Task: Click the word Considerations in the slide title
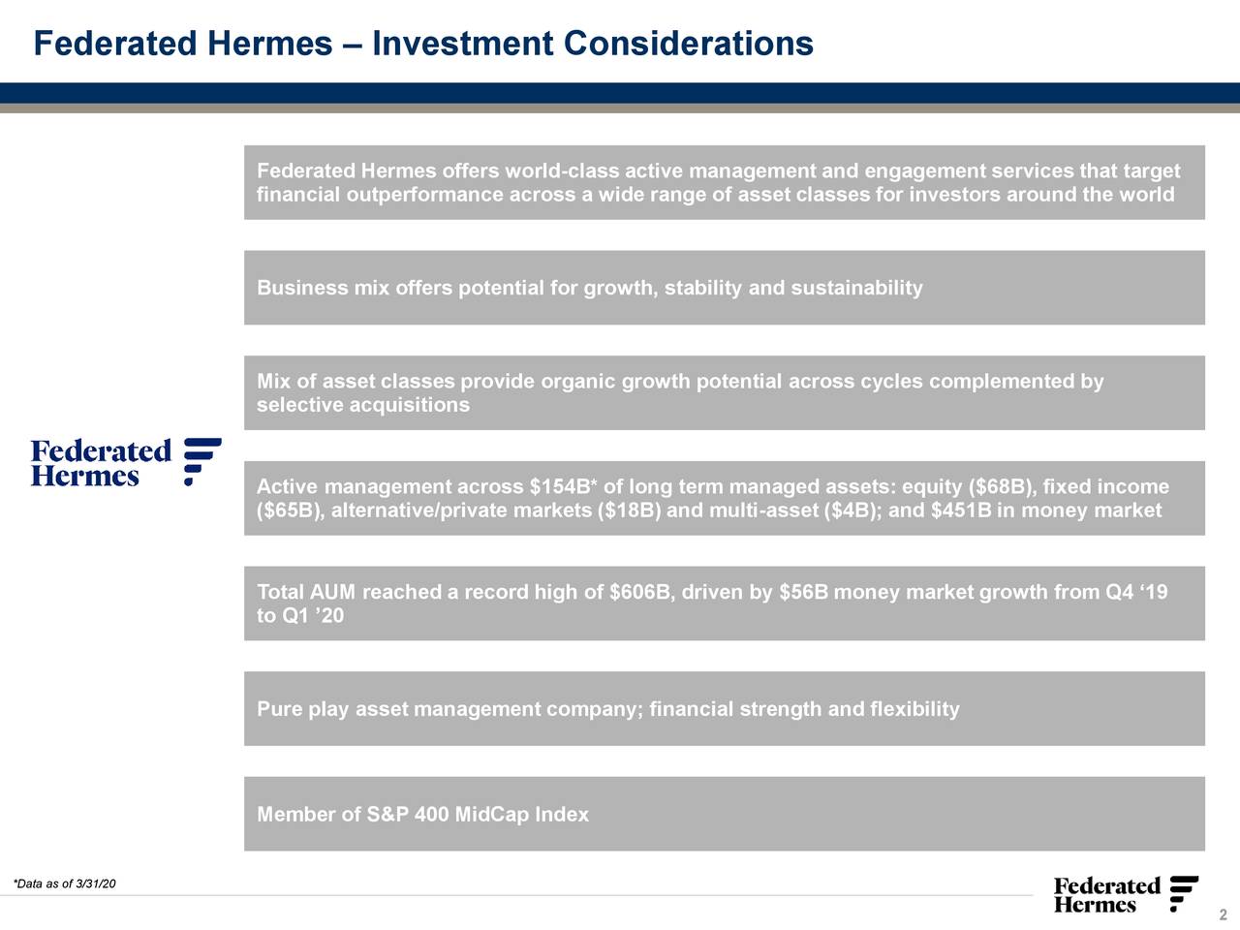click(x=688, y=44)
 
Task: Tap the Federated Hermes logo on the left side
click(x=126, y=462)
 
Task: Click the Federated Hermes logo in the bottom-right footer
click(x=1126, y=895)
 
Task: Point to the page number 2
click(x=1223, y=916)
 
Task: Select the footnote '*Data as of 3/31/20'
click(x=64, y=883)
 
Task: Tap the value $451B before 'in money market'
click(x=960, y=511)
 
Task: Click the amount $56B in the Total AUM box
click(x=803, y=592)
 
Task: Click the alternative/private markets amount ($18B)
click(x=630, y=511)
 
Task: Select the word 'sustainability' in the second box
click(x=856, y=288)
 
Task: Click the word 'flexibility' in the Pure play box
click(x=914, y=709)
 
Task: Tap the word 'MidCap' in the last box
click(x=491, y=815)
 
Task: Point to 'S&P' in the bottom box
click(x=387, y=815)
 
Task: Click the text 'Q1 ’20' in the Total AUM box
click(x=312, y=616)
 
